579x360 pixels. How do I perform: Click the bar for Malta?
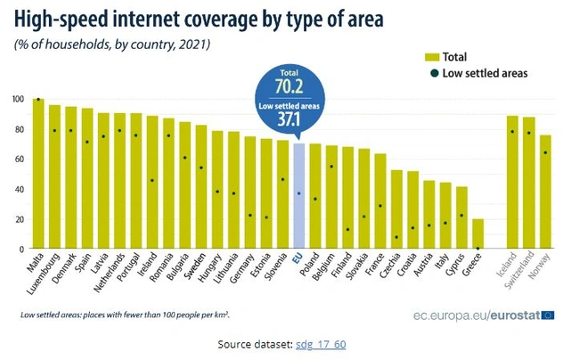(x=38, y=174)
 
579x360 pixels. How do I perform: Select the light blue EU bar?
(x=298, y=196)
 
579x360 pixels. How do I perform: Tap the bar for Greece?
(x=477, y=233)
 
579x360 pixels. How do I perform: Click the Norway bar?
(x=544, y=192)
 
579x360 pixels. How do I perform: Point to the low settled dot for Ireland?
(x=152, y=180)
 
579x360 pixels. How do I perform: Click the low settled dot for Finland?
(x=347, y=229)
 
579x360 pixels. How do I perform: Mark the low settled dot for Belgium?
(x=331, y=167)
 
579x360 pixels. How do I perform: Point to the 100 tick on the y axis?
(x=17, y=99)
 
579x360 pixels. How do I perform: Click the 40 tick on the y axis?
(x=19, y=189)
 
